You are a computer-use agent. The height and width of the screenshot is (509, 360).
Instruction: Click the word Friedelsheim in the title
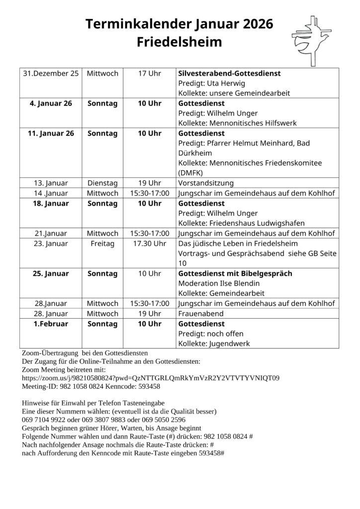180,42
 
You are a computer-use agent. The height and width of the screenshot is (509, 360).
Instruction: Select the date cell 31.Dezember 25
51,74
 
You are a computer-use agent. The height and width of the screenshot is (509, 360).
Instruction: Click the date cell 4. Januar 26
51,104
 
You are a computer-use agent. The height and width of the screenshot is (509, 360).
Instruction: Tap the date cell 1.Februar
51,324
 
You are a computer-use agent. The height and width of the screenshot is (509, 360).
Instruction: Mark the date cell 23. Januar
51,244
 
